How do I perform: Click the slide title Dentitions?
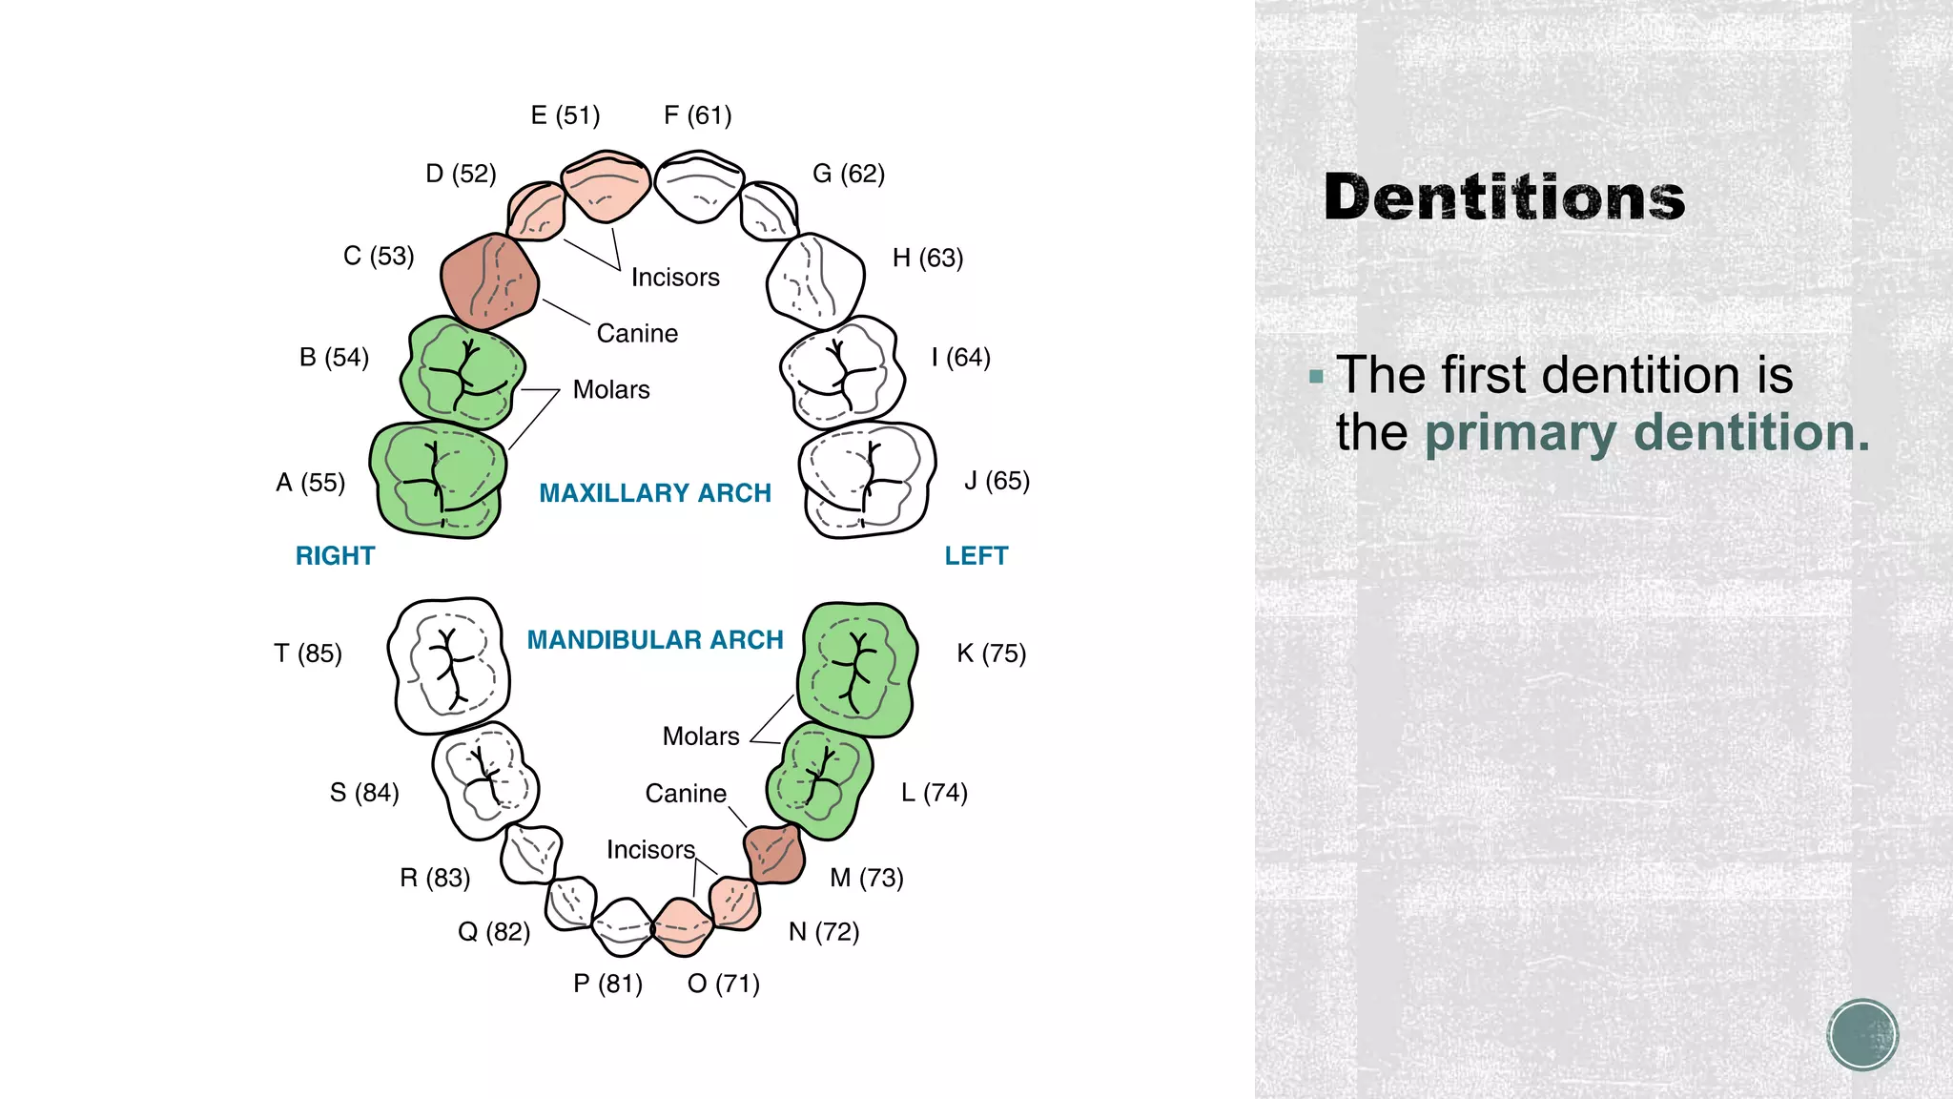point(1504,197)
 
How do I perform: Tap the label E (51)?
point(565,115)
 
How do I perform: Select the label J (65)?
point(997,480)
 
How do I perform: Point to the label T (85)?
point(307,653)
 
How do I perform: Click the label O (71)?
point(723,984)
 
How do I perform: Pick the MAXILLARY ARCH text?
point(655,493)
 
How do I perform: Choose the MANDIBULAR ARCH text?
point(655,640)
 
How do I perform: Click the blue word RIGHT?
point(335,556)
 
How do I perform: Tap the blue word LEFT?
point(976,556)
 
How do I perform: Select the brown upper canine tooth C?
point(489,280)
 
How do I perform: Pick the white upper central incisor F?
point(699,185)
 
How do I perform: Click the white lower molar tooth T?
point(449,665)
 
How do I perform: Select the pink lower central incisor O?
point(682,926)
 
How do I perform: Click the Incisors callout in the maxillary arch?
point(675,278)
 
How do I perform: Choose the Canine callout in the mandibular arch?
point(686,794)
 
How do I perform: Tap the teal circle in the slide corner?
point(1862,1035)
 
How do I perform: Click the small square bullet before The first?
point(1317,377)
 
